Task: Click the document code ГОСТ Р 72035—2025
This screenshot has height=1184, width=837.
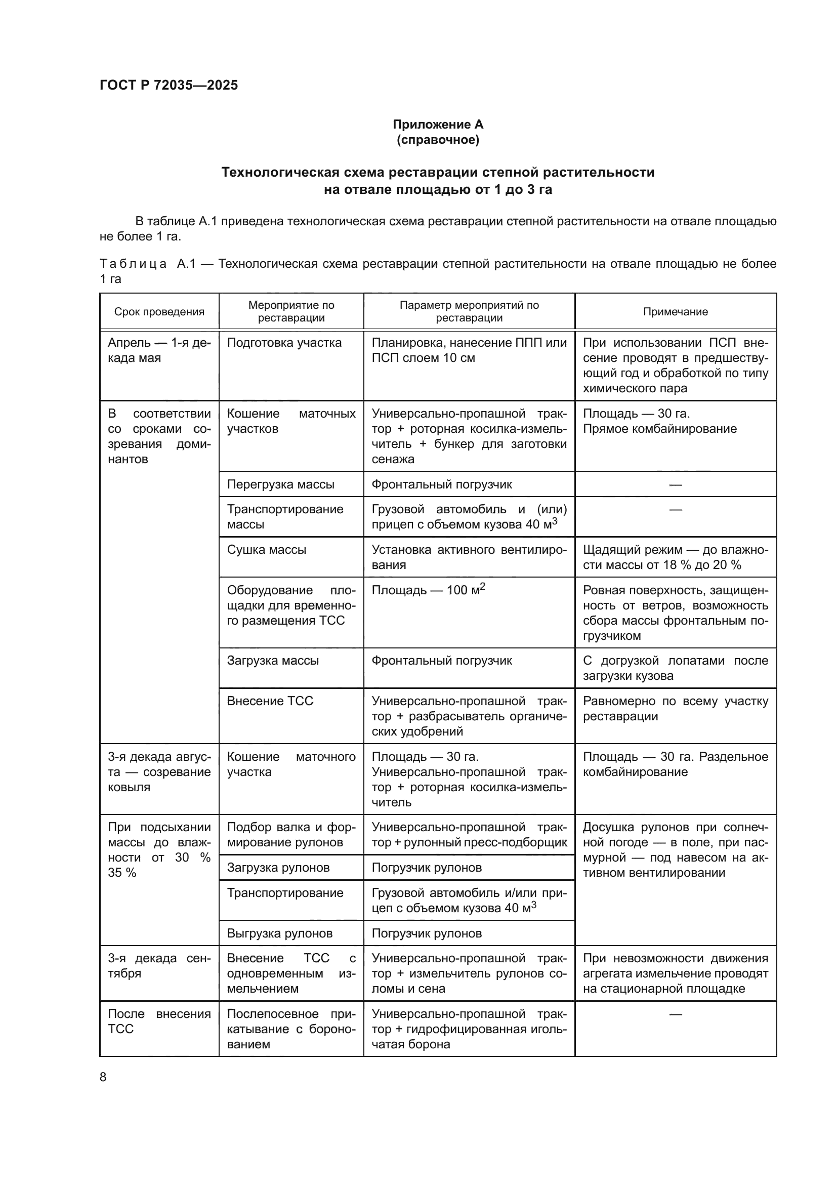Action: pyautogui.click(x=169, y=85)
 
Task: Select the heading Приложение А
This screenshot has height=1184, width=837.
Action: pyautogui.click(x=438, y=125)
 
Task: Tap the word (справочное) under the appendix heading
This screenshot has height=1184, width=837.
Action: pyautogui.click(x=438, y=140)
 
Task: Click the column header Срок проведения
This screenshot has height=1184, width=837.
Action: pyautogui.click(x=159, y=311)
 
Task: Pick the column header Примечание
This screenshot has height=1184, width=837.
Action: pyautogui.click(x=675, y=311)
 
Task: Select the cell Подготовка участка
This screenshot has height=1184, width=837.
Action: pyautogui.click(x=284, y=343)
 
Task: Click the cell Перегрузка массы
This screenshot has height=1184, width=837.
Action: pyautogui.click(x=280, y=484)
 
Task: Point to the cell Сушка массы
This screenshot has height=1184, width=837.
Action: pyautogui.click(x=267, y=550)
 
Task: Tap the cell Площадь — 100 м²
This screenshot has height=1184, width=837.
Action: pyautogui.click(x=428, y=590)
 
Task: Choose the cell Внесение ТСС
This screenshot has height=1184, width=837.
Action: pyautogui.click(x=270, y=701)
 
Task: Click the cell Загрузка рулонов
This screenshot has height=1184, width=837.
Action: pyautogui.click(x=278, y=868)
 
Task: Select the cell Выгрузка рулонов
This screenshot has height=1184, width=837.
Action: pyautogui.click(x=280, y=933)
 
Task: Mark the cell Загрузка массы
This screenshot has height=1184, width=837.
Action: pyautogui.click(x=273, y=661)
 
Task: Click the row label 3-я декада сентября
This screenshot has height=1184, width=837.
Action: pyautogui.click(x=159, y=966)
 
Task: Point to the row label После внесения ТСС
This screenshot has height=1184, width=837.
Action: pyautogui.click(x=159, y=1022)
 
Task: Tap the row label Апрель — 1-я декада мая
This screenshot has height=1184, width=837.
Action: pyautogui.click(x=159, y=350)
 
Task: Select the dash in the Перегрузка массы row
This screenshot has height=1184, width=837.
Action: pyautogui.click(x=675, y=485)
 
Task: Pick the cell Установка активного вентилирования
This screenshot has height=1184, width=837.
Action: pyautogui.click(x=469, y=557)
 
